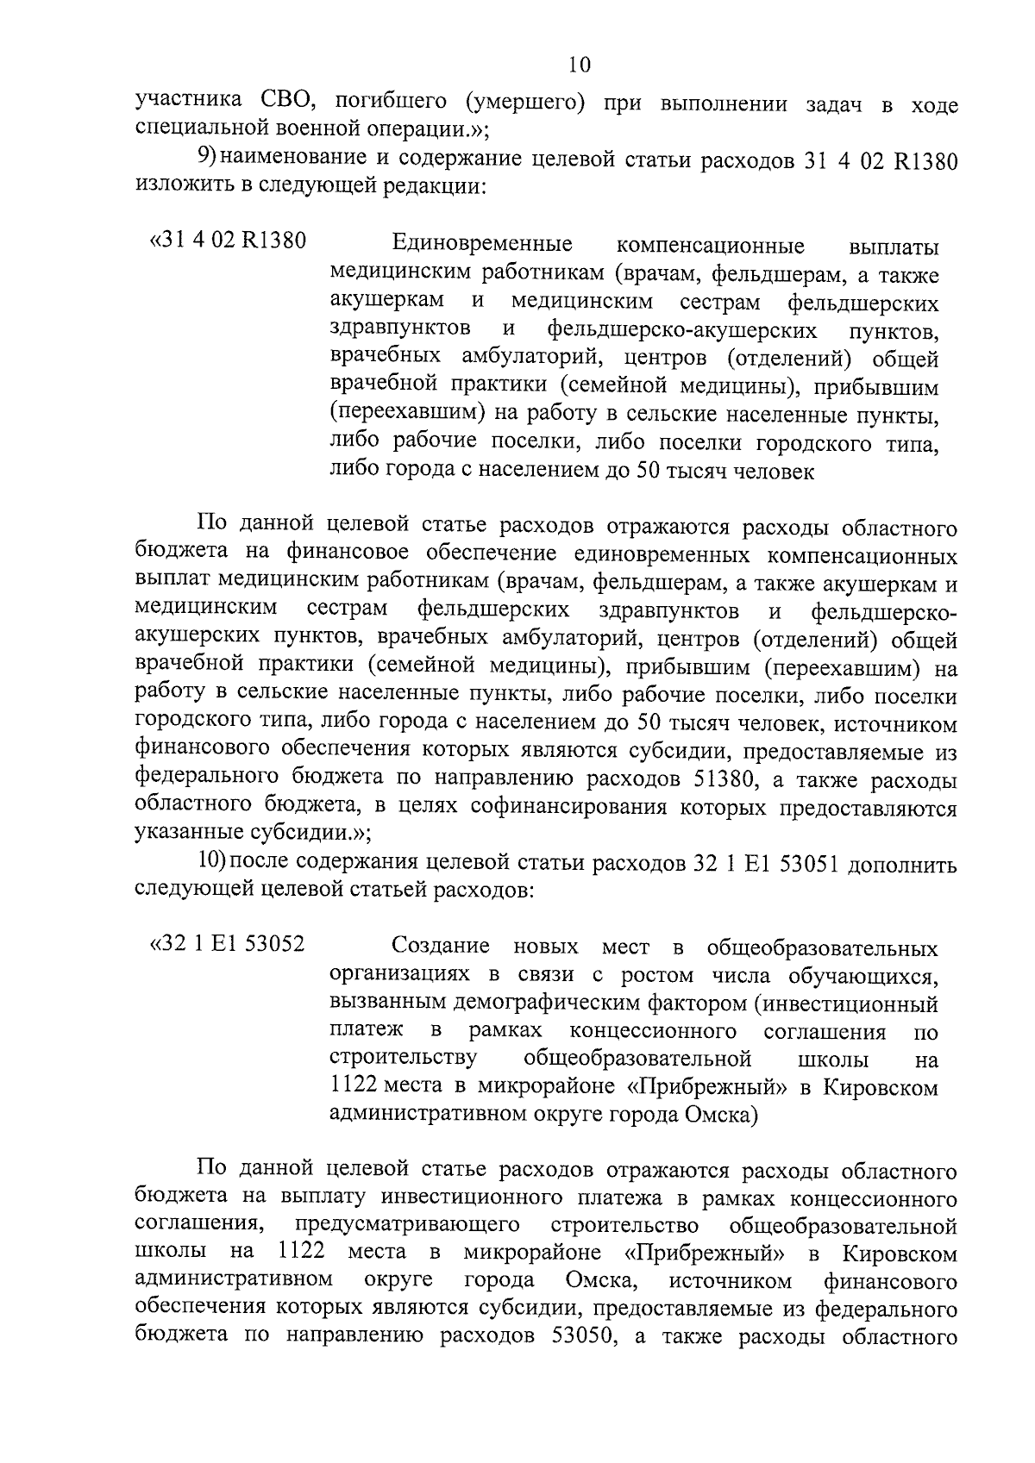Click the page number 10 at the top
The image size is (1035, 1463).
click(x=579, y=65)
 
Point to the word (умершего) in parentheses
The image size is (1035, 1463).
click(x=525, y=105)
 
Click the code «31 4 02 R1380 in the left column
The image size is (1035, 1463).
click(x=228, y=241)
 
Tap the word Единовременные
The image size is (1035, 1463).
click(x=481, y=243)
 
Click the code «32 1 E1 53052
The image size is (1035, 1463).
click(x=227, y=944)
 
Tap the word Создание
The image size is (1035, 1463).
click(x=441, y=946)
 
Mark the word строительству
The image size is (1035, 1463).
click(x=404, y=1058)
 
